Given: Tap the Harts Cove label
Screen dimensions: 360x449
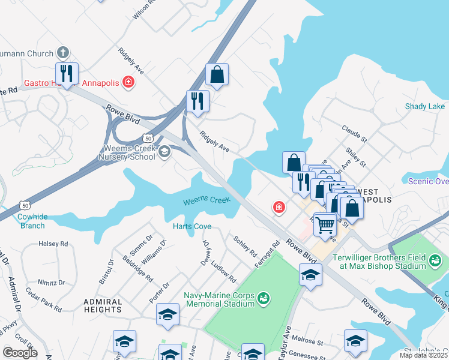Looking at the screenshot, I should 192,226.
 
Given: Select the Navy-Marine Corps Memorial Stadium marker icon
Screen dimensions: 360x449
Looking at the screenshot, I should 263,298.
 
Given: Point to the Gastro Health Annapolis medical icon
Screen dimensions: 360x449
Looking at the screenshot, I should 128,82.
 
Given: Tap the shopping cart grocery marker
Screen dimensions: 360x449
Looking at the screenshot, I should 325,225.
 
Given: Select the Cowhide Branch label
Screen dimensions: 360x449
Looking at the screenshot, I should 31,221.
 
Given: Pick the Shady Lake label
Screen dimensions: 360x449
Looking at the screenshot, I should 425,106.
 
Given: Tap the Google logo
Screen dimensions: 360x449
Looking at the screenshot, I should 19,353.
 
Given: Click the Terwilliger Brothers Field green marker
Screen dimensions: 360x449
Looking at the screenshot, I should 436,260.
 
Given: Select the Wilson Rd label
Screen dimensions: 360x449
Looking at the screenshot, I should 144,10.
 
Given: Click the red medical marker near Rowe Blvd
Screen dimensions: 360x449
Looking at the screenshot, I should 279,208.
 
